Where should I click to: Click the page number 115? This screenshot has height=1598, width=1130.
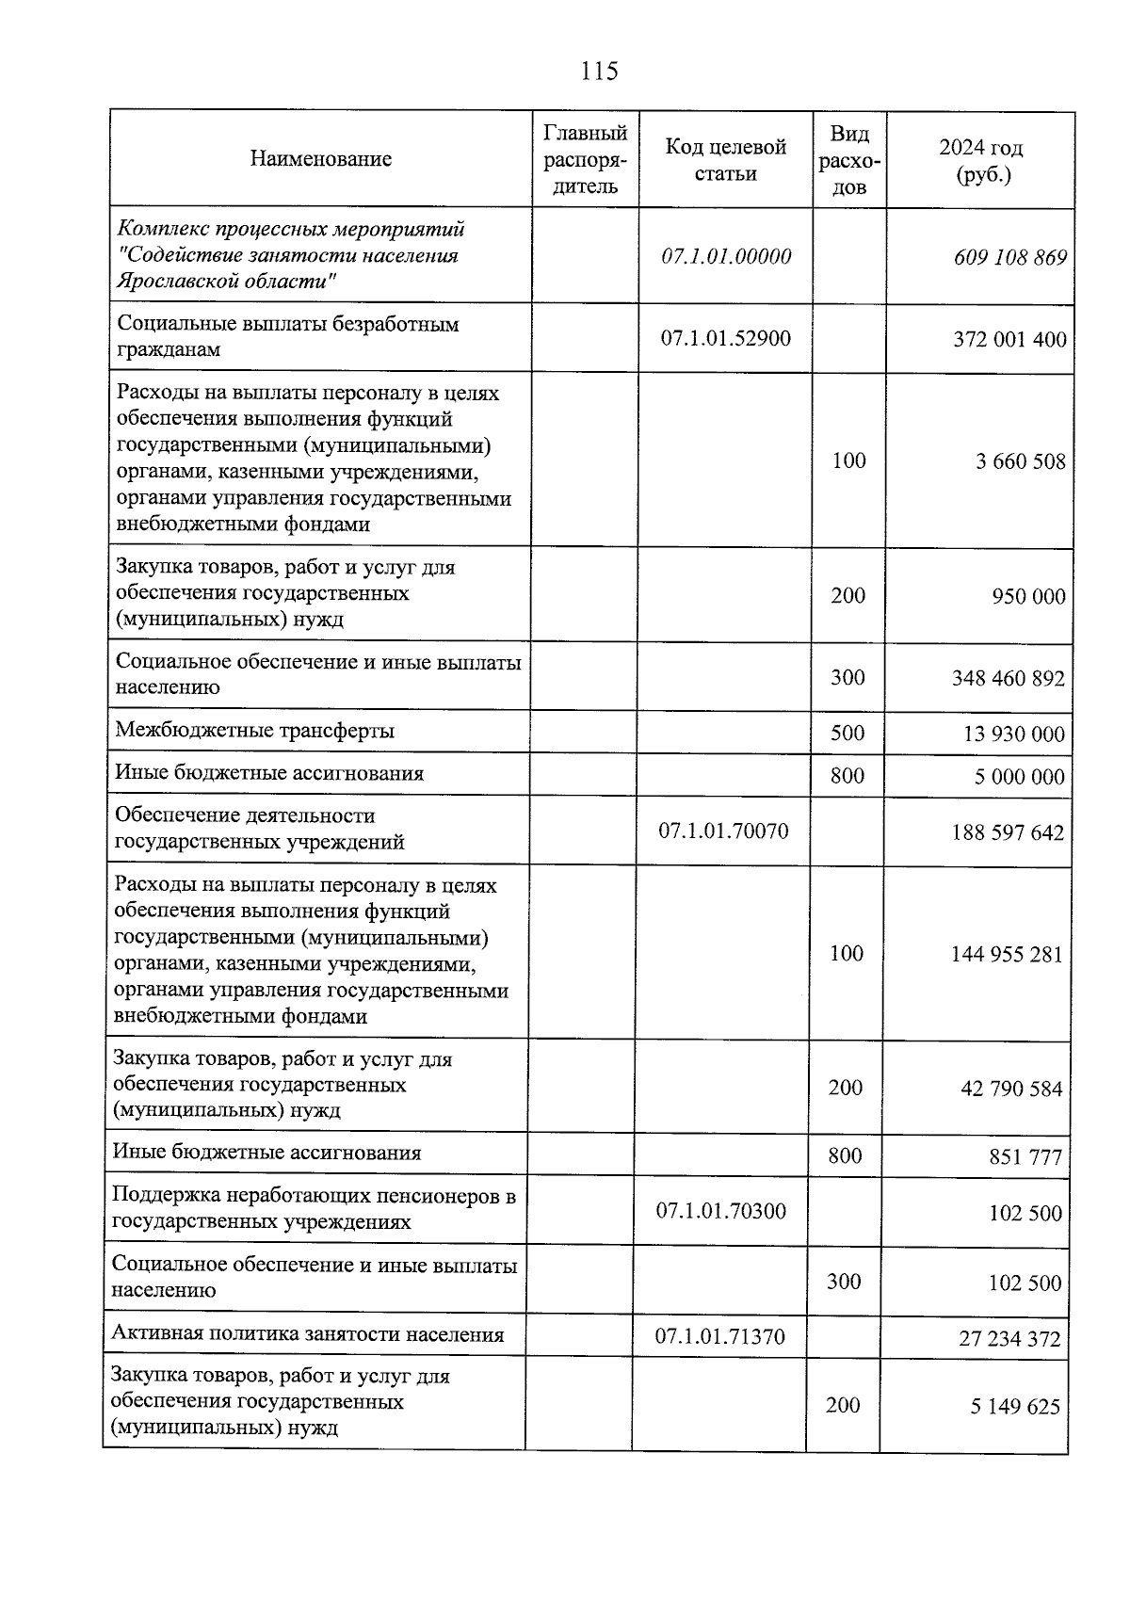[x=599, y=72]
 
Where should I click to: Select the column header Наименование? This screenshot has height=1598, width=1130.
[x=320, y=158]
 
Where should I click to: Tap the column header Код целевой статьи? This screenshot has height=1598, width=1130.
[x=725, y=160]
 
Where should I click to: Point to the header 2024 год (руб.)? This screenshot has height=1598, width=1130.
[x=980, y=161]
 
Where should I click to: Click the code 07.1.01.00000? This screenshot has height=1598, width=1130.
[x=726, y=256]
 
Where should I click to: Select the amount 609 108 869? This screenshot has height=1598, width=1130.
[x=1009, y=257]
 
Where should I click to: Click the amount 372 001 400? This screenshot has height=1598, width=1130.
[x=1009, y=339]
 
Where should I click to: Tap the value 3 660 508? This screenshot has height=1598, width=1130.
[x=1021, y=461]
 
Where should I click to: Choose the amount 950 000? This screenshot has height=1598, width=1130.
[x=1027, y=596]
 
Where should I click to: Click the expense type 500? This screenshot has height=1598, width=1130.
[x=847, y=733]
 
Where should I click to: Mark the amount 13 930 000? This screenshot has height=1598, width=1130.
[x=1013, y=734]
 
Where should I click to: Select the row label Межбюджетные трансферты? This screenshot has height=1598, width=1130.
[x=254, y=731]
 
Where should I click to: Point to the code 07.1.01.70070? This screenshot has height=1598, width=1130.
[x=723, y=831]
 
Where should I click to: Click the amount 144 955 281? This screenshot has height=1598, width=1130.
[x=1007, y=955]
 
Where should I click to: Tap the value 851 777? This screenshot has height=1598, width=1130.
[x=1025, y=1156]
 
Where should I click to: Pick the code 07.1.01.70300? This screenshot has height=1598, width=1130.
[x=720, y=1211]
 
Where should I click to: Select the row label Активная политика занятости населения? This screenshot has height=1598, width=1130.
[x=307, y=1334]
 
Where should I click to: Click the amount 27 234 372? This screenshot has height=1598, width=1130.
[x=1009, y=1338]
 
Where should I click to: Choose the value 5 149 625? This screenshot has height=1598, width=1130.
[x=1015, y=1407]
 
